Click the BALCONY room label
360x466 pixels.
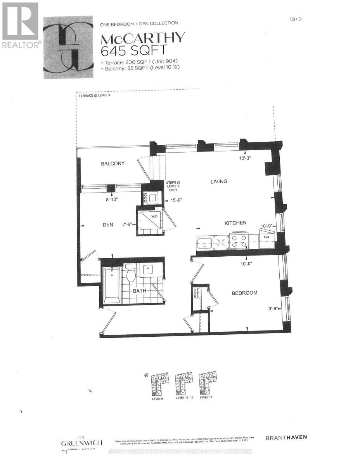point(113,163)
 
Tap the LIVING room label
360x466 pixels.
point(219,181)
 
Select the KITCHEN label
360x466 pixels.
point(235,223)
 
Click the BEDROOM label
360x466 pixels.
point(244,293)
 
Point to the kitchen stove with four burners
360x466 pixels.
point(239,242)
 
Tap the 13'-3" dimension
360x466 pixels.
point(247,158)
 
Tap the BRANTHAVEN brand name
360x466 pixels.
point(286,437)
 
